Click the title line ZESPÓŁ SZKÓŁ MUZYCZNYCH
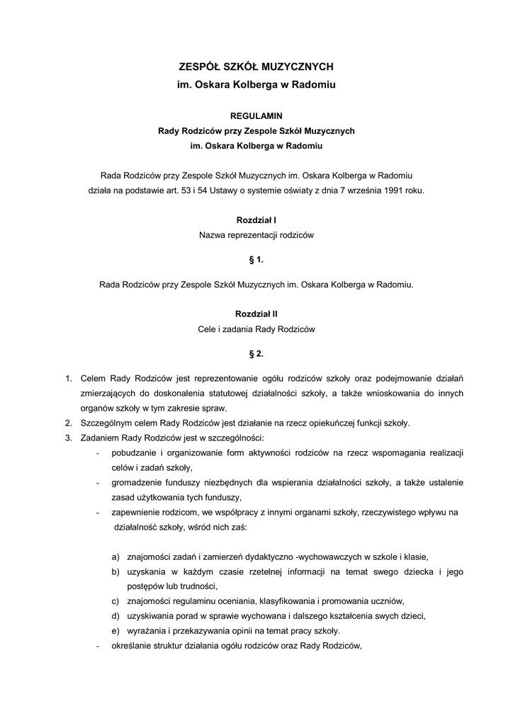tap(256, 67)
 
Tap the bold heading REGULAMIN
tap(256, 115)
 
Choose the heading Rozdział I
tap(256, 220)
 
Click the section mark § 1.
tap(256, 260)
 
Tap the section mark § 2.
tap(256, 353)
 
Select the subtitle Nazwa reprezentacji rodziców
tap(256, 234)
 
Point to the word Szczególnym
tap(106, 423)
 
